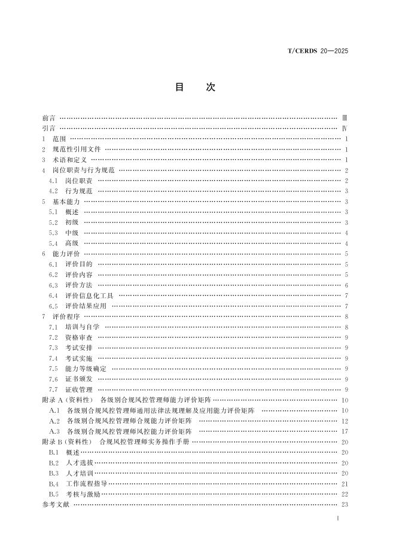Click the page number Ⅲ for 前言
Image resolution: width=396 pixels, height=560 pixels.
(344, 118)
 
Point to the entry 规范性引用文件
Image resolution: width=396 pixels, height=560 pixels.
(77, 150)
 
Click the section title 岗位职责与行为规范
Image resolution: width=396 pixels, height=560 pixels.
(83, 171)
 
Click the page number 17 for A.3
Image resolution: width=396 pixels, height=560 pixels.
(345, 431)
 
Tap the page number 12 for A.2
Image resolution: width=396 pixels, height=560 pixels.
(345, 421)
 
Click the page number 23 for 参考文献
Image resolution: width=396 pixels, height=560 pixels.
(345, 504)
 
